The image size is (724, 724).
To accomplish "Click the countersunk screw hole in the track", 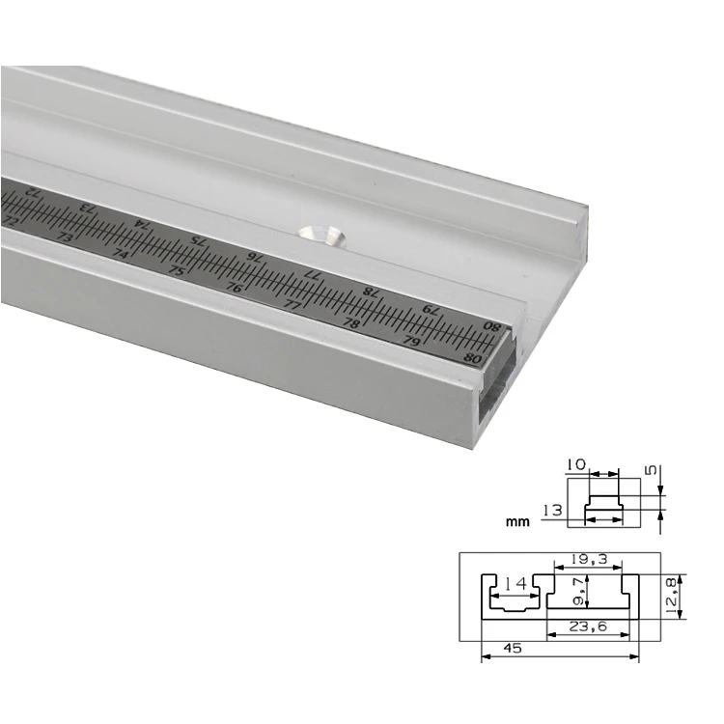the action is tap(322, 236).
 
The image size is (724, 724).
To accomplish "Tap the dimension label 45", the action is tap(513, 649).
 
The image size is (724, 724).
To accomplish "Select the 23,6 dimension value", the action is tap(588, 627).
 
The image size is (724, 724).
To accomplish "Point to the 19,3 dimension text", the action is tap(589, 559).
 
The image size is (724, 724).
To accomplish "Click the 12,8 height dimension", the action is tap(672, 597).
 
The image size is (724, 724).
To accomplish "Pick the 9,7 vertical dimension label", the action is tap(577, 591).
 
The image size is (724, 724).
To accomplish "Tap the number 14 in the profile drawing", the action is tap(515, 584).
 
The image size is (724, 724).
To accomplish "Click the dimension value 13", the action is tap(552, 511).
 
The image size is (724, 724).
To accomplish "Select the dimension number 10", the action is tap(575, 464).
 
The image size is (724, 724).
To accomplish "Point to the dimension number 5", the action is tap(650, 470).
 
